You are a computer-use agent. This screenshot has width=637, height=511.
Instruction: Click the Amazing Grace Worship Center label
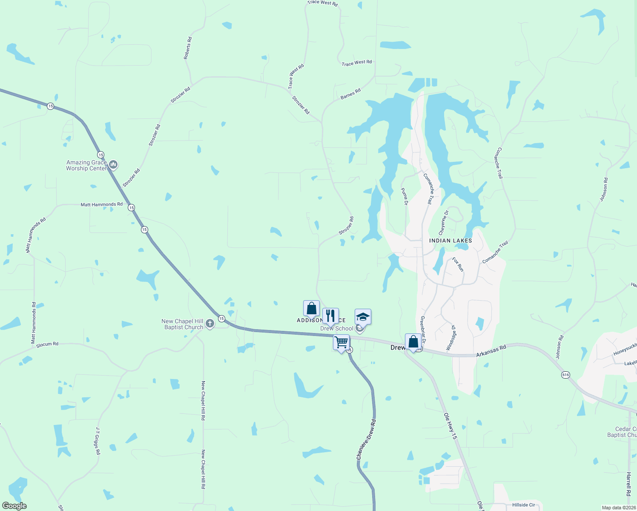[86, 165]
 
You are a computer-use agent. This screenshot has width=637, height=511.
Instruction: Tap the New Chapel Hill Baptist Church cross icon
[210, 324]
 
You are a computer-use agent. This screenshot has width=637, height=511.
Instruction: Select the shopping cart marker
[341, 342]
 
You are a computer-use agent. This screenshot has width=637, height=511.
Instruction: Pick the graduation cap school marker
[363, 317]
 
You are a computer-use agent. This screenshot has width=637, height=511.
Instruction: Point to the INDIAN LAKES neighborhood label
[450, 241]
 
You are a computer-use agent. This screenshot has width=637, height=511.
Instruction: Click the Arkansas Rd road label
[491, 351]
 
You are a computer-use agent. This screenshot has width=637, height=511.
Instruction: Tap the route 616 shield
[565, 375]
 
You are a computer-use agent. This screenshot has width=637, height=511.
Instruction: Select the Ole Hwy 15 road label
[450, 426]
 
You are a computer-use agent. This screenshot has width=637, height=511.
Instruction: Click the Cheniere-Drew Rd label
[366, 439]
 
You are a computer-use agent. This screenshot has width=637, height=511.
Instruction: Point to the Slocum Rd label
[47, 344]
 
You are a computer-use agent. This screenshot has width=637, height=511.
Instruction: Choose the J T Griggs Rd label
[98, 441]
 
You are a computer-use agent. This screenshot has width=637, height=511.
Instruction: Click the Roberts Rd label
[187, 48]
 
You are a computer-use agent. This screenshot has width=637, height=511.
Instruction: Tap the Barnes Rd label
[350, 94]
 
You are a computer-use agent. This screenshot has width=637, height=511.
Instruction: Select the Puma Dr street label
[405, 196]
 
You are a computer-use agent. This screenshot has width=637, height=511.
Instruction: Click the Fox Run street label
[458, 264]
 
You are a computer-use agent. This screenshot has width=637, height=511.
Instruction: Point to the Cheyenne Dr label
[443, 223]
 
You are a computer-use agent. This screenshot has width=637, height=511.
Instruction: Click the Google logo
[14, 506]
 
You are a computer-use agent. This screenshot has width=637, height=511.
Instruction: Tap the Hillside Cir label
[524, 505]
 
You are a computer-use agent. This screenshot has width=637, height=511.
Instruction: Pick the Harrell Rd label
[628, 483]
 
